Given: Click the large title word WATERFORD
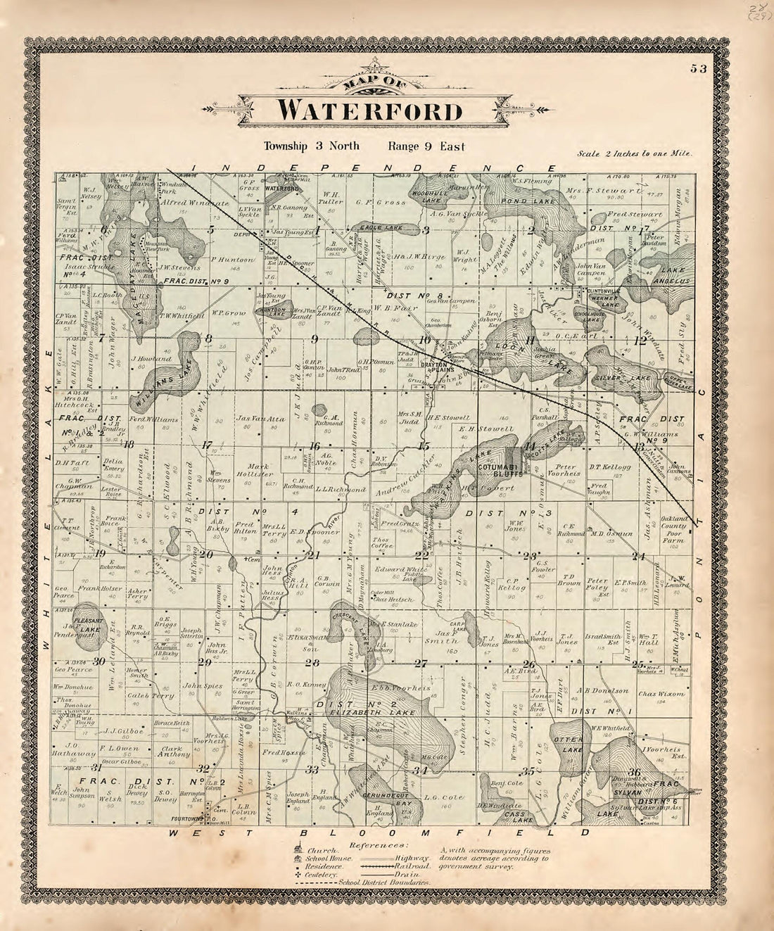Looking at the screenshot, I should tap(370, 111).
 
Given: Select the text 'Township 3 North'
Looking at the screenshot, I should tap(312, 146).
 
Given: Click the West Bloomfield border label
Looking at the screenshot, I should tap(380, 833).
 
